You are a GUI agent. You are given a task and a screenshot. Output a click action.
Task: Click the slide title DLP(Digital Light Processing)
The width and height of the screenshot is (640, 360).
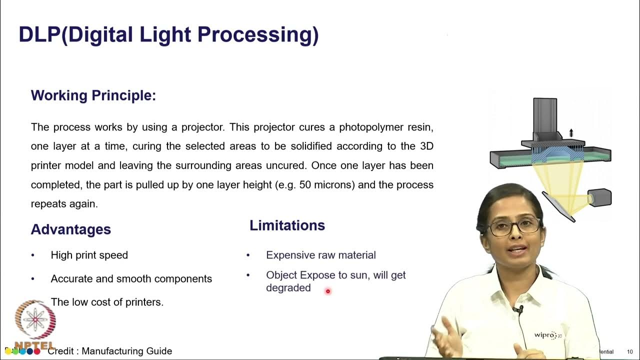168,35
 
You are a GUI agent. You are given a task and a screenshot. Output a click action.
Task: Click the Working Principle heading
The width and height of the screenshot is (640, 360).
93,95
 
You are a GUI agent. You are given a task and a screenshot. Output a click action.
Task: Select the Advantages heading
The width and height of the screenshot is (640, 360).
71,229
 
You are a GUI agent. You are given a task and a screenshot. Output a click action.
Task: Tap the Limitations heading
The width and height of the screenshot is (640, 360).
287,225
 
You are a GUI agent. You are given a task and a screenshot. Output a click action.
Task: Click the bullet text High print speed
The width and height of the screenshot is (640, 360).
89,255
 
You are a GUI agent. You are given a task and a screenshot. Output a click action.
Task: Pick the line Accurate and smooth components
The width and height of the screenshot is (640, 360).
131,278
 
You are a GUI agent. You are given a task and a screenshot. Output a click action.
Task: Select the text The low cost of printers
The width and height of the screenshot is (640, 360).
107,302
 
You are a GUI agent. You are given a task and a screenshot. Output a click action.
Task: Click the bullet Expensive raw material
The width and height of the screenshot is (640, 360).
320,255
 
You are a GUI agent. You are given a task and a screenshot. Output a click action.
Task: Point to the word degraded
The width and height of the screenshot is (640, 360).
288,288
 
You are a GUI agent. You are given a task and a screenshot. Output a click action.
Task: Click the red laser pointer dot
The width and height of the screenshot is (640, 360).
328,291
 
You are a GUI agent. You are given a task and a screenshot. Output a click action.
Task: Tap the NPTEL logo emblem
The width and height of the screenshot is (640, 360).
35,320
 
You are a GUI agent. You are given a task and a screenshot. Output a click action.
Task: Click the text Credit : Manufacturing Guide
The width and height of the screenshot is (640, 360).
109,351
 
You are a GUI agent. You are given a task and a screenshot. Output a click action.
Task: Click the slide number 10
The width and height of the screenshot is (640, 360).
629,352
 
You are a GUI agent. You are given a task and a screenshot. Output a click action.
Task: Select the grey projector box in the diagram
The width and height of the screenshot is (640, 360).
599,197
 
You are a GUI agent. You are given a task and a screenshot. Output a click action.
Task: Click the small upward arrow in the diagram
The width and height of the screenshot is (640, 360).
571,133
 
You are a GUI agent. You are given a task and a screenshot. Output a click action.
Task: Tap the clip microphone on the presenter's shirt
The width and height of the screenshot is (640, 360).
520,311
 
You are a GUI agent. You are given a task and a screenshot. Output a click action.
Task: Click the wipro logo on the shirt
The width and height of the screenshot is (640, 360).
546,335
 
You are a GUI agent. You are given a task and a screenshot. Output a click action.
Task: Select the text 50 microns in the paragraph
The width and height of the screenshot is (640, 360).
327,185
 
